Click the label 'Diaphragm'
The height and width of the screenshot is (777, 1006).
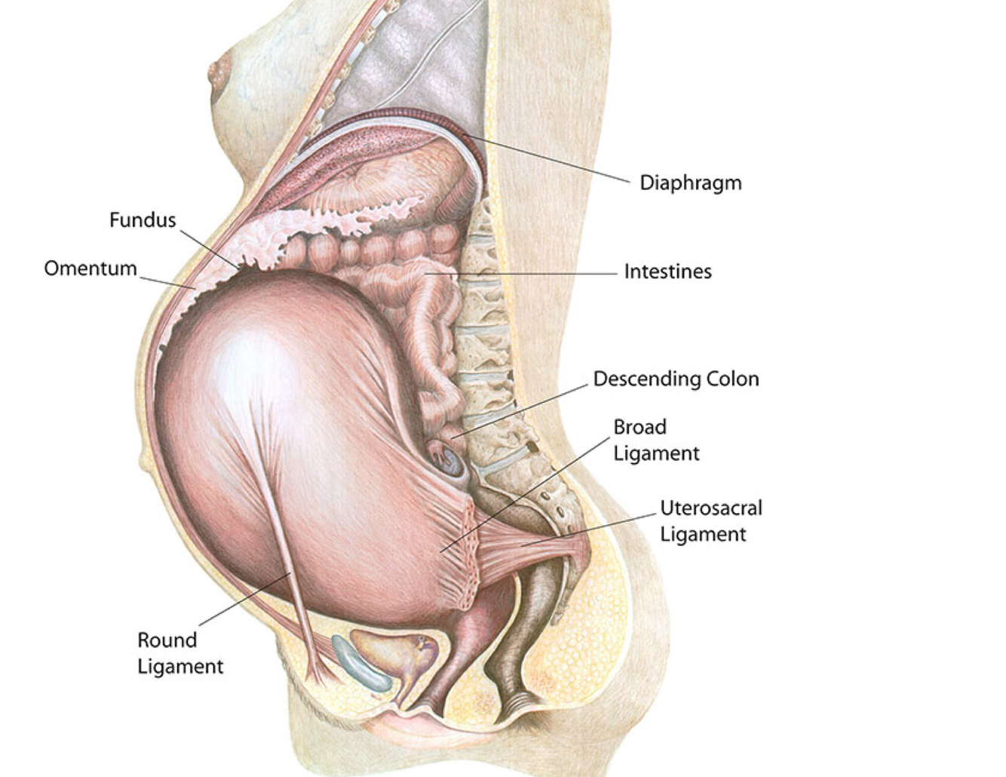690,183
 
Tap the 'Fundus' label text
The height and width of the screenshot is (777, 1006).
143,220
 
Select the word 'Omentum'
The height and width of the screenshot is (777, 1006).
90,269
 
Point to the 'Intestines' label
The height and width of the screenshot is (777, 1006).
667,272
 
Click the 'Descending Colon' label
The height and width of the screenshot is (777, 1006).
676,379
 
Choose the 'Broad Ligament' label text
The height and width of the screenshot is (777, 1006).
655,440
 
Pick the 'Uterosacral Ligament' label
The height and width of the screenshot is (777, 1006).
710,521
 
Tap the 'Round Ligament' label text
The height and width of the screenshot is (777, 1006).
179,653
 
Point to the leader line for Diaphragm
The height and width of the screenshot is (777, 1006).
551,158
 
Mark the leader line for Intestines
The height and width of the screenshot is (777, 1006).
528,273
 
